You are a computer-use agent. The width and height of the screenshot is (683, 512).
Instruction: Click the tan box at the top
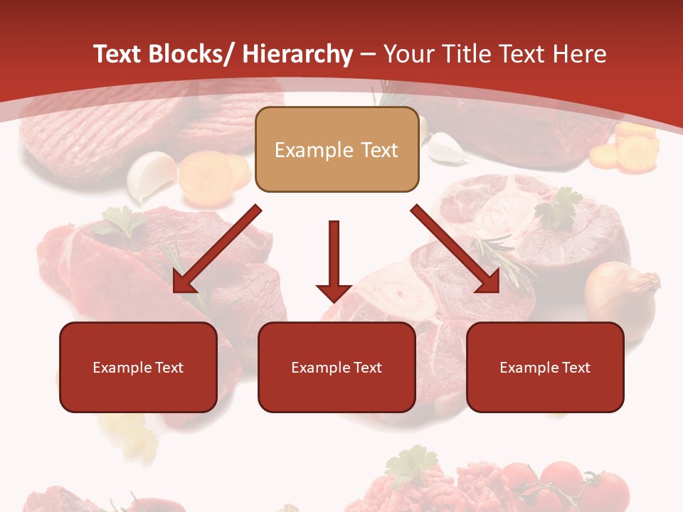pyautogui.click(x=337, y=150)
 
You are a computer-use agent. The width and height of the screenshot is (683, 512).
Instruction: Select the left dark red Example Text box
pyautogui.click(x=138, y=368)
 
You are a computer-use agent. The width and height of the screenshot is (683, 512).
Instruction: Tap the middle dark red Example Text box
pyautogui.click(x=337, y=368)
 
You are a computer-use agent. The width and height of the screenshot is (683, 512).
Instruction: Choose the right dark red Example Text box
pyautogui.click(x=545, y=368)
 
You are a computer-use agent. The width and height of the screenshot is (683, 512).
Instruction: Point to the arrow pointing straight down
pyautogui.click(x=334, y=260)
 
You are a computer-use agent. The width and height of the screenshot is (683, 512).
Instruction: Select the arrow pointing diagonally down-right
pyautogui.click(x=456, y=250)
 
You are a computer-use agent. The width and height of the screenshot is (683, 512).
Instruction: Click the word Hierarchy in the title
pyautogui.click(x=297, y=54)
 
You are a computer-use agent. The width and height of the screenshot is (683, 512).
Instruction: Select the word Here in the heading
pyautogui.click(x=581, y=54)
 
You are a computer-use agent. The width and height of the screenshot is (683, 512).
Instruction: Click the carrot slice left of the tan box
pyautogui.click(x=206, y=174)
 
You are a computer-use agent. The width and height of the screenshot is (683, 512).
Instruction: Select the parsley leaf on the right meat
pyautogui.click(x=560, y=208)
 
